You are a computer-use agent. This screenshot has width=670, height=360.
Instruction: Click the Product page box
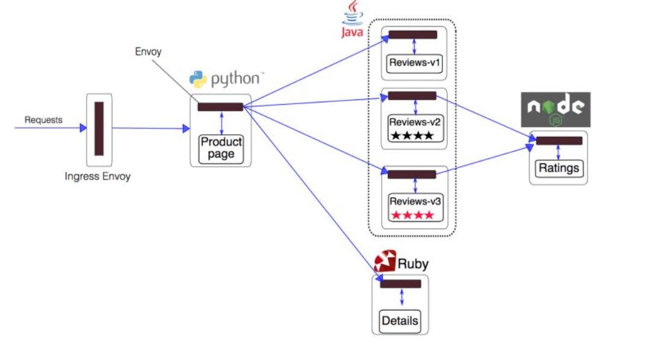coord(221,148)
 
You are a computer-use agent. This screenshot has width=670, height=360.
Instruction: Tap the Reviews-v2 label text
coord(415,122)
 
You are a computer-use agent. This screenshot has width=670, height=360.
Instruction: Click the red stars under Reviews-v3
coord(412,215)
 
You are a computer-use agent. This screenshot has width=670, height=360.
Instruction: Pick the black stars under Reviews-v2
coord(412,135)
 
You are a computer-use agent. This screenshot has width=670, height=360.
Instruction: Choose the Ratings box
coord(558,168)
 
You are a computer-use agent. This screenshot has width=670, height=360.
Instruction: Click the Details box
coord(400,321)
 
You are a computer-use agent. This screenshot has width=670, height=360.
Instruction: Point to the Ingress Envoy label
coord(98,177)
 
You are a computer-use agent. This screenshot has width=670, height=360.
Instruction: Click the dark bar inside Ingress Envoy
coord(99,129)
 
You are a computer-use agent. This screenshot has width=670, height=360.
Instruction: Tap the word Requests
coord(43,120)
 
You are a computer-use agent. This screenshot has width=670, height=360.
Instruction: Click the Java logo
coord(352,19)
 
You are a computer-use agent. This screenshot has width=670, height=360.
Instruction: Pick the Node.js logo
coord(555,110)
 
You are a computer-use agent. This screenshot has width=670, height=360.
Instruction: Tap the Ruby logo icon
coord(385,262)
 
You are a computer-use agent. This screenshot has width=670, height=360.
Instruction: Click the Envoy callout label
coord(148,52)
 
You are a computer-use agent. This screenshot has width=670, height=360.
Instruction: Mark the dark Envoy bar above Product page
coord(220,107)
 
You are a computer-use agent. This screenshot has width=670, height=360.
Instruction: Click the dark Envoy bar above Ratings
coord(559,141)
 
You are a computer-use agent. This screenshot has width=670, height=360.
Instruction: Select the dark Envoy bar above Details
coord(400,284)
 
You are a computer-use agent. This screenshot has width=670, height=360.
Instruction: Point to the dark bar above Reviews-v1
coord(412,35)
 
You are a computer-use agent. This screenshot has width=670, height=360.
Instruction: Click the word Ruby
coord(413,264)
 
